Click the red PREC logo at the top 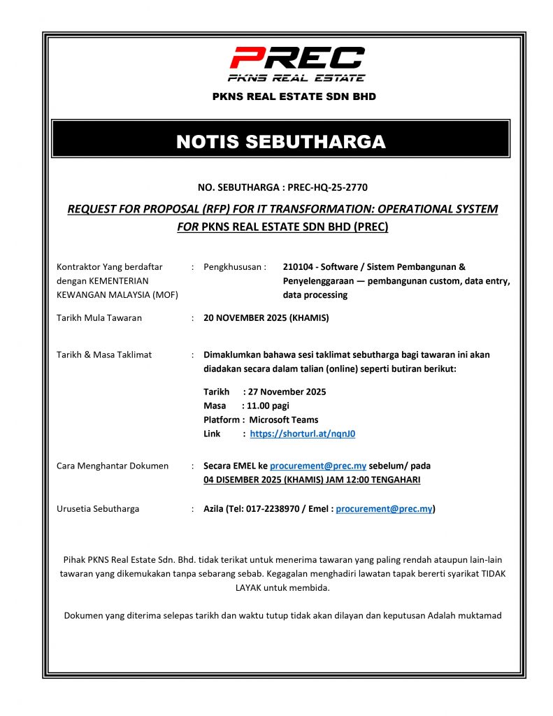pos(297,59)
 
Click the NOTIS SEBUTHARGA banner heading pos(280,142)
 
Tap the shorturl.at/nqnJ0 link pos(302,434)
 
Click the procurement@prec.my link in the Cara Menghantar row pos(318,466)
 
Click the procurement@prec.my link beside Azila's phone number pos(384,509)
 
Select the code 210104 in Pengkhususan pos(299,266)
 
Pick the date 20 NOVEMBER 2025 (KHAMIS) pos(266,317)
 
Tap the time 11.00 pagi pos(266,406)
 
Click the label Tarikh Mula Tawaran pos(99,317)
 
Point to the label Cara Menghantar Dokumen pos(112,466)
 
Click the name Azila pos(215,509)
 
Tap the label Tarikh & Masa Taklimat pos(103,355)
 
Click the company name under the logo pos(294,96)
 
